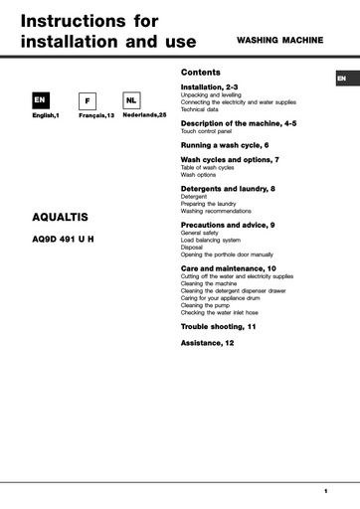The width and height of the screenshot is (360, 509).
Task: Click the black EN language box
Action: [40, 101]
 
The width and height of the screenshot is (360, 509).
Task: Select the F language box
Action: [88, 101]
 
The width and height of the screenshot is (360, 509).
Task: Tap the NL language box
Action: [131, 101]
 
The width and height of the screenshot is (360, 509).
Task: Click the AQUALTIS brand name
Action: [61, 218]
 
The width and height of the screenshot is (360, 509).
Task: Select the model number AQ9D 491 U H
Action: [65, 238]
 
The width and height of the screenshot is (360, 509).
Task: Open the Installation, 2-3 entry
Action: [209, 87]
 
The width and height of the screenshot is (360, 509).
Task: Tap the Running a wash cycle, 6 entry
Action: [225, 145]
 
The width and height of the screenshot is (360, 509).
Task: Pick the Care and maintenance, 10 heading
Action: [229, 268]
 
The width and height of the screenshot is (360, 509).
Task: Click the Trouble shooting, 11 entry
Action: [218, 326]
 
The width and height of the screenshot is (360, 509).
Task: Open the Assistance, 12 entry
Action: [207, 342]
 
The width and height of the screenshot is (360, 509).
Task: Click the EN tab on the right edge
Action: [341, 78]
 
